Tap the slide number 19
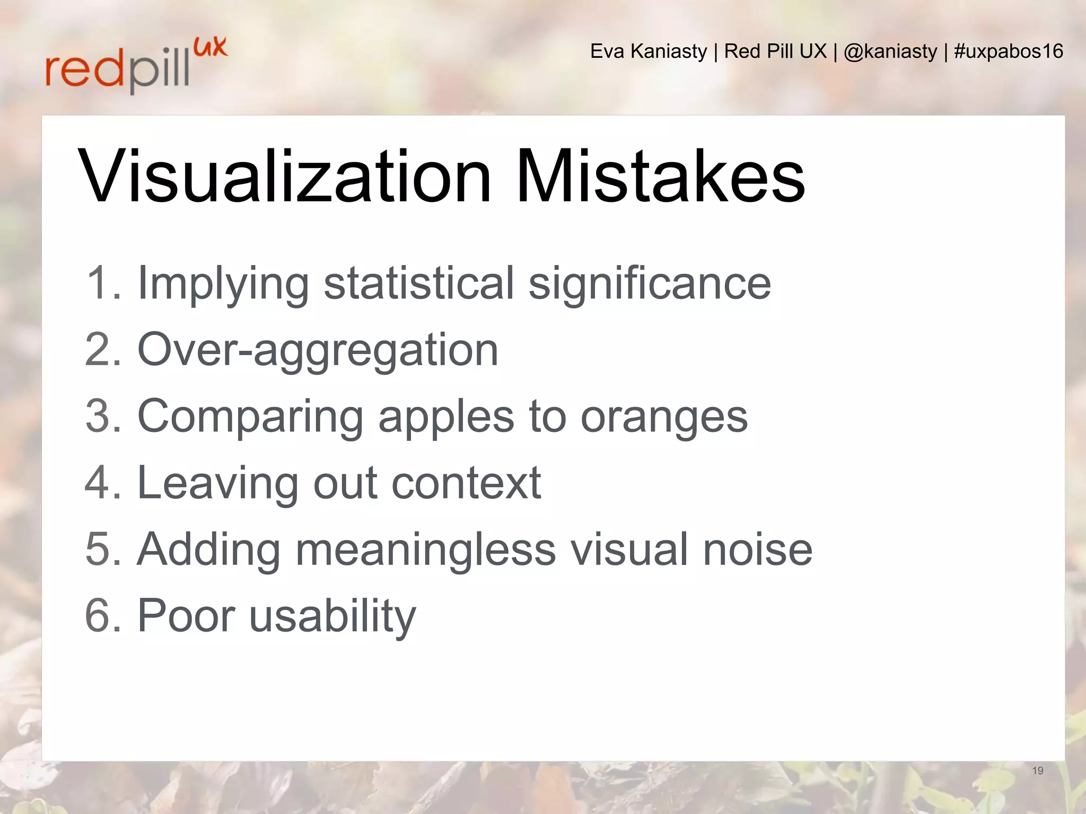pyautogui.click(x=1038, y=771)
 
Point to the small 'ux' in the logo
pyautogui.click(x=211, y=47)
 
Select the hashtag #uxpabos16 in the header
pyautogui.click(x=1008, y=51)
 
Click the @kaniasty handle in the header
pyautogui.click(x=890, y=51)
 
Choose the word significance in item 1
pyautogui.click(x=650, y=284)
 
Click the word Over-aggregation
pyautogui.click(x=318, y=350)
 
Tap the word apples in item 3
pyautogui.click(x=446, y=417)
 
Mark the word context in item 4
pyautogui.click(x=467, y=483)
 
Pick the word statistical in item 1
pyautogui.click(x=418, y=284)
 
